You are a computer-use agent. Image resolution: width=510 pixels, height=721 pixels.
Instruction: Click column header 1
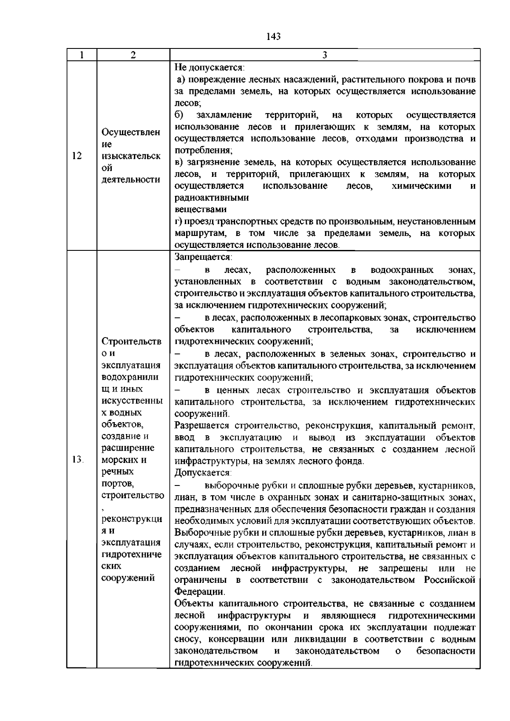pyautogui.click(x=82, y=55)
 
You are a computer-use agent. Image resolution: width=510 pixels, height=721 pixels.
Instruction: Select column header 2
pyautogui.click(x=133, y=55)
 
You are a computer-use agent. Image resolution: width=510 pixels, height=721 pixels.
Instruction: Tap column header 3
pyautogui.click(x=325, y=55)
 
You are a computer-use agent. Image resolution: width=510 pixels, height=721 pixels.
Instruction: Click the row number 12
pyautogui.click(x=77, y=156)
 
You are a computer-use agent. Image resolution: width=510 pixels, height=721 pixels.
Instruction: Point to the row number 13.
pyautogui.click(x=78, y=460)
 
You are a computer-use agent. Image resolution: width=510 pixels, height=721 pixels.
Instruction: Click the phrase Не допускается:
pyautogui.click(x=209, y=68)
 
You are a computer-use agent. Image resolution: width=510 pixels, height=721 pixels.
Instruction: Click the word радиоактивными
pyautogui.click(x=212, y=198)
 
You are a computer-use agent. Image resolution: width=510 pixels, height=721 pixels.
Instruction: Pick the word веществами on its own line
pyautogui.click(x=201, y=210)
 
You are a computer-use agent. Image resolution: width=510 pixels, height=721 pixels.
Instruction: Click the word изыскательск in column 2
pyautogui.click(x=131, y=156)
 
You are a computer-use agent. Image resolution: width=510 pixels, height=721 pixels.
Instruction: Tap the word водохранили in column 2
pyautogui.click(x=131, y=377)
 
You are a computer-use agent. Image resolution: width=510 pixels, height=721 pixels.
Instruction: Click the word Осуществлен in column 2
pyautogui.click(x=131, y=132)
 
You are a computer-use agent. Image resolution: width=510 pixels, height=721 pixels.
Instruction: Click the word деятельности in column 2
pyautogui.click(x=131, y=179)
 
